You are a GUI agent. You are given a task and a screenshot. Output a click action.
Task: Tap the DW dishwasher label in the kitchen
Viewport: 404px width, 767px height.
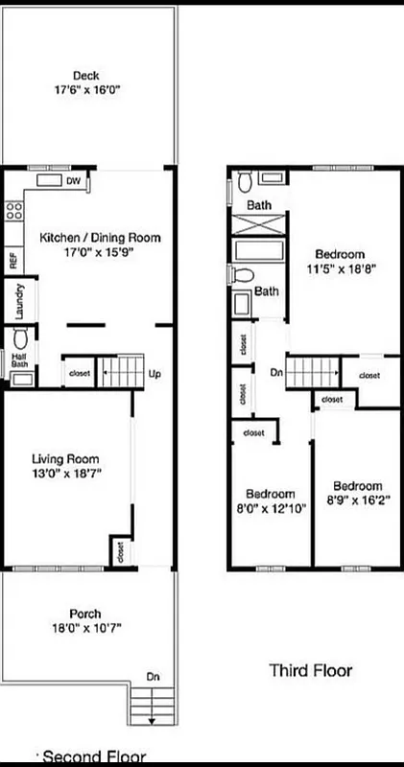coord(73,180)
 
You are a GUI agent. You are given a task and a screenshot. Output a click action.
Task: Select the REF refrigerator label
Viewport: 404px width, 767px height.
coord(12,259)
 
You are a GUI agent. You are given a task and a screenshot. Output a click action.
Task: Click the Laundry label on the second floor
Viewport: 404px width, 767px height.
coord(18,300)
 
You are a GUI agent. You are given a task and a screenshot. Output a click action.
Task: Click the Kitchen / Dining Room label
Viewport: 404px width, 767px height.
coord(100,237)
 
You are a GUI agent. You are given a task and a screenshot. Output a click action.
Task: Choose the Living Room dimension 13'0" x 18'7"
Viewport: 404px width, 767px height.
coord(65,473)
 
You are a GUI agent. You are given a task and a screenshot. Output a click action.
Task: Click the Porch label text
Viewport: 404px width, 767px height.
coord(84,614)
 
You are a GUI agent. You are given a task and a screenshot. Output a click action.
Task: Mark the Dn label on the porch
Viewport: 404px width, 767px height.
coord(153,677)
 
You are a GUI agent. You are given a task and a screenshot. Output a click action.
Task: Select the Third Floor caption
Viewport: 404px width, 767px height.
coord(310,669)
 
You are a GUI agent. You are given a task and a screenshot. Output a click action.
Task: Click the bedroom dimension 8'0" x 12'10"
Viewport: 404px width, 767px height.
coord(270,508)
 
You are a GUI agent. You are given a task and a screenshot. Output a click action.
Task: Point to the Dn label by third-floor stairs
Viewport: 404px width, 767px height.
coord(276,372)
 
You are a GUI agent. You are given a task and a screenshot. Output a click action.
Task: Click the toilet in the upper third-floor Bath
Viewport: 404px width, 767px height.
coord(246,179)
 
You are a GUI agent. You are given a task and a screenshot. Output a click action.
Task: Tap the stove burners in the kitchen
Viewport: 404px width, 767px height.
coord(13,211)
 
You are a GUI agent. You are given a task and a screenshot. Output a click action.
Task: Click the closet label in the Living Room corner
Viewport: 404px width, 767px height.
coord(120,551)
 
